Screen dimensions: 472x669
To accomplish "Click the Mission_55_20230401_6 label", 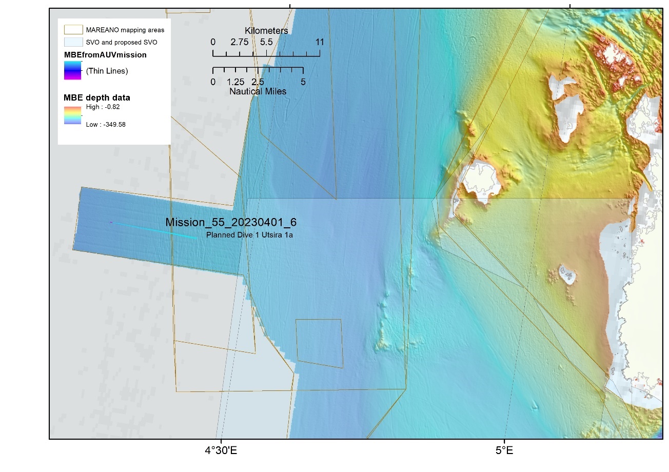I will (x=231, y=223).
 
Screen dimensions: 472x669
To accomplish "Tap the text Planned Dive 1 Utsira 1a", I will (x=249, y=235).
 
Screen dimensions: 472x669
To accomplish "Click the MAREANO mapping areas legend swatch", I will (x=72, y=30).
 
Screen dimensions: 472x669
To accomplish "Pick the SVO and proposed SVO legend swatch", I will (x=72, y=42).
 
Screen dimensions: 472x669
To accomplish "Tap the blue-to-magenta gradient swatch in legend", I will (x=72, y=71).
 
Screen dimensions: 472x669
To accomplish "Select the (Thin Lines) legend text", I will (x=107, y=71).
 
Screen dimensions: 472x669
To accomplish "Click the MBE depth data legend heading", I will (x=96, y=97).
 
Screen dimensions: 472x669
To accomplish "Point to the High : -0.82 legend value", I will (x=103, y=107).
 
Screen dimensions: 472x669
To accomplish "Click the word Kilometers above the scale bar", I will (x=266, y=31).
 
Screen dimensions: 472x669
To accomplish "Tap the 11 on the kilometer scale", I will (x=320, y=42).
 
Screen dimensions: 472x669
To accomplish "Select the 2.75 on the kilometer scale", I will (x=240, y=42).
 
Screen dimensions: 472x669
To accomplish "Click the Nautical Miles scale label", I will (x=258, y=91).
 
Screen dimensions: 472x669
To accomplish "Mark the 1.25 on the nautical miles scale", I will (x=235, y=82).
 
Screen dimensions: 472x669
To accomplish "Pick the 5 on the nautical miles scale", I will (x=303, y=82).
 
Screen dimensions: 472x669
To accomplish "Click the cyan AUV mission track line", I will (x=154, y=230).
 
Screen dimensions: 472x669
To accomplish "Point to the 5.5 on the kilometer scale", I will (x=266, y=42).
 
